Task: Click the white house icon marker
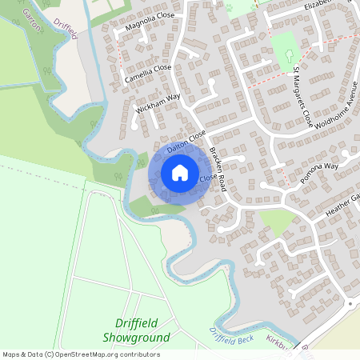coord(180,173)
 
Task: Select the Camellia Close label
coord(148,74)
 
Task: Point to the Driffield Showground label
coord(136,330)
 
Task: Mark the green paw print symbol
coord(228,7)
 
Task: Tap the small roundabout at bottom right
coord(350,304)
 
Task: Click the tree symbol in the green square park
coord(288,55)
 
